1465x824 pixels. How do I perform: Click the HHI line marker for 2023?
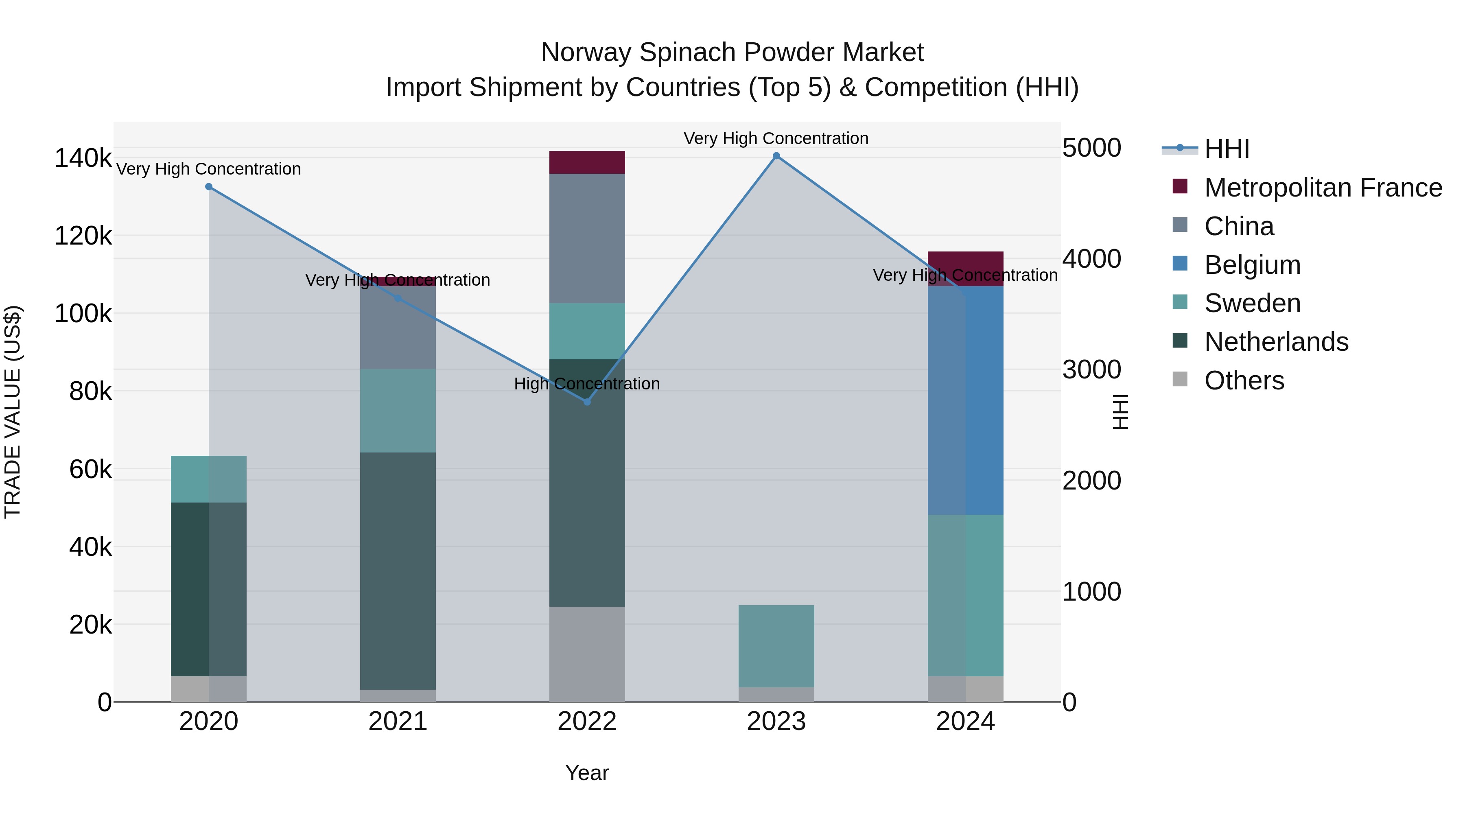click(x=776, y=156)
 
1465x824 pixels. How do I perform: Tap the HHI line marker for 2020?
click(x=209, y=186)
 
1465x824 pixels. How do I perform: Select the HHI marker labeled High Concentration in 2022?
click(x=587, y=402)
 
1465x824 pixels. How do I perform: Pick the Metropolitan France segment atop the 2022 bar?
click(x=587, y=163)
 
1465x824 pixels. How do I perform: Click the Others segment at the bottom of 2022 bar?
click(x=587, y=654)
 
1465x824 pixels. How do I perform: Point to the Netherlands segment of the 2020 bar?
click(x=209, y=589)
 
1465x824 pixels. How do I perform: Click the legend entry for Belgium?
click(x=1252, y=265)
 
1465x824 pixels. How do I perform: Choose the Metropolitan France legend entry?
click(x=1323, y=188)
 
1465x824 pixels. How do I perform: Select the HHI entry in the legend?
click(x=1227, y=149)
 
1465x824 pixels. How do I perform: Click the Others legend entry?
click(x=1244, y=380)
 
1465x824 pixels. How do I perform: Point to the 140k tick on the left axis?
click(x=83, y=158)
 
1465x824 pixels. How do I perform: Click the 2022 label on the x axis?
click(x=587, y=721)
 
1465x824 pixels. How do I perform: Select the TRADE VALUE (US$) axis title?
click(x=13, y=412)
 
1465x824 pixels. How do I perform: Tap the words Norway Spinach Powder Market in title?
click(x=732, y=52)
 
